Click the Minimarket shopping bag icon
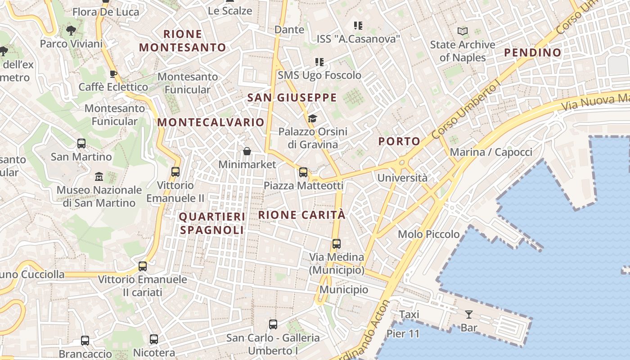(247, 151)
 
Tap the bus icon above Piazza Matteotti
(303, 172)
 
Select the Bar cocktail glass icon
(469, 314)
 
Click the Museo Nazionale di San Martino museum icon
(99, 176)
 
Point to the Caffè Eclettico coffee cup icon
(113, 74)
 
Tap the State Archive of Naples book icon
(462, 31)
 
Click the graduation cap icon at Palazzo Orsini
(312, 118)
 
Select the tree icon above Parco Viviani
(71, 31)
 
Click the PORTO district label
(399, 141)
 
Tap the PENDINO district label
(533, 53)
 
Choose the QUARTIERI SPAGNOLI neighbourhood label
(212, 223)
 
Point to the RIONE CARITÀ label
(302, 215)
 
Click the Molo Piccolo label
(429, 234)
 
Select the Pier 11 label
(403, 334)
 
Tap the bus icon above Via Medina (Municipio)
(336, 244)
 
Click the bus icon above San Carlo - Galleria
(273, 324)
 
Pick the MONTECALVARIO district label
(211, 122)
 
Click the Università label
(402, 178)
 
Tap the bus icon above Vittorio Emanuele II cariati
(143, 266)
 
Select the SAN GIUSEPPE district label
(292, 98)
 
